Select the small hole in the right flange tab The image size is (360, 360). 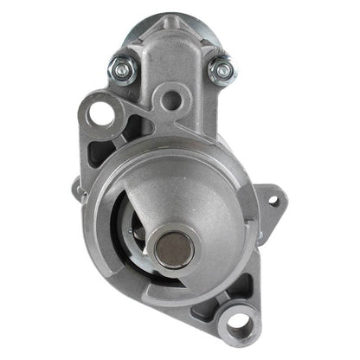(x=273, y=201)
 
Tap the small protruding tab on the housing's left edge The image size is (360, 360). (x=77, y=186)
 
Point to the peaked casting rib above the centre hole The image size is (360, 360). (x=171, y=52)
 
